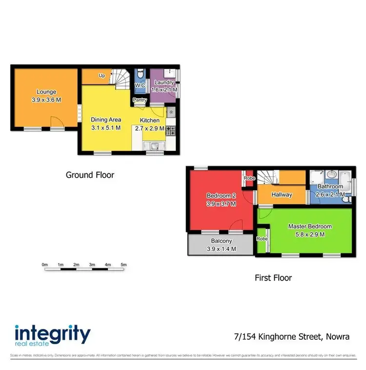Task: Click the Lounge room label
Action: click(x=46, y=92)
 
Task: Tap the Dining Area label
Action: click(x=106, y=120)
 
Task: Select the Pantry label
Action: click(x=140, y=101)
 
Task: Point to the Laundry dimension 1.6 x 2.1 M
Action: click(x=164, y=90)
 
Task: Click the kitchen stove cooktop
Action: click(x=171, y=130)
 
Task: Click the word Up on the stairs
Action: click(x=102, y=76)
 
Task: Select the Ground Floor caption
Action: click(x=90, y=174)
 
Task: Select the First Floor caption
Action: click(x=273, y=278)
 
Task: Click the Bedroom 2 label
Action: click(x=221, y=196)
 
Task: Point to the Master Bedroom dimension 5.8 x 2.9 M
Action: click(x=310, y=234)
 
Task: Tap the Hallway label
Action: click(x=282, y=195)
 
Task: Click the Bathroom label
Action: click(x=330, y=186)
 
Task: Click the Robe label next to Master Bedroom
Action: click(x=262, y=239)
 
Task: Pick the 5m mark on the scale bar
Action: click(x=123, y=265)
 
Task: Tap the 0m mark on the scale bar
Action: click(x=44, y=265)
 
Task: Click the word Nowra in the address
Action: click(x=337, y=337)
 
